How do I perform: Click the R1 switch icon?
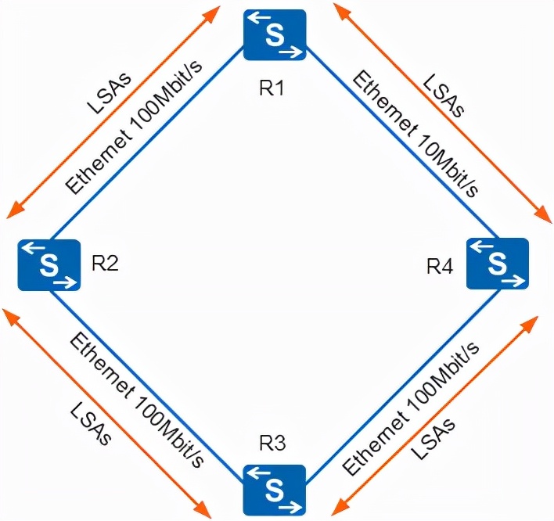point(274,34)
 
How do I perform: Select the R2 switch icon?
point(49,265)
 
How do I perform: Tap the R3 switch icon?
point(274,489)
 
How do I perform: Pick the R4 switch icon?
point(498,264)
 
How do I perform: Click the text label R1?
point(271,88)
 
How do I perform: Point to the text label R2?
point(105,263)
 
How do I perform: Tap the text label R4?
point(440,266)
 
